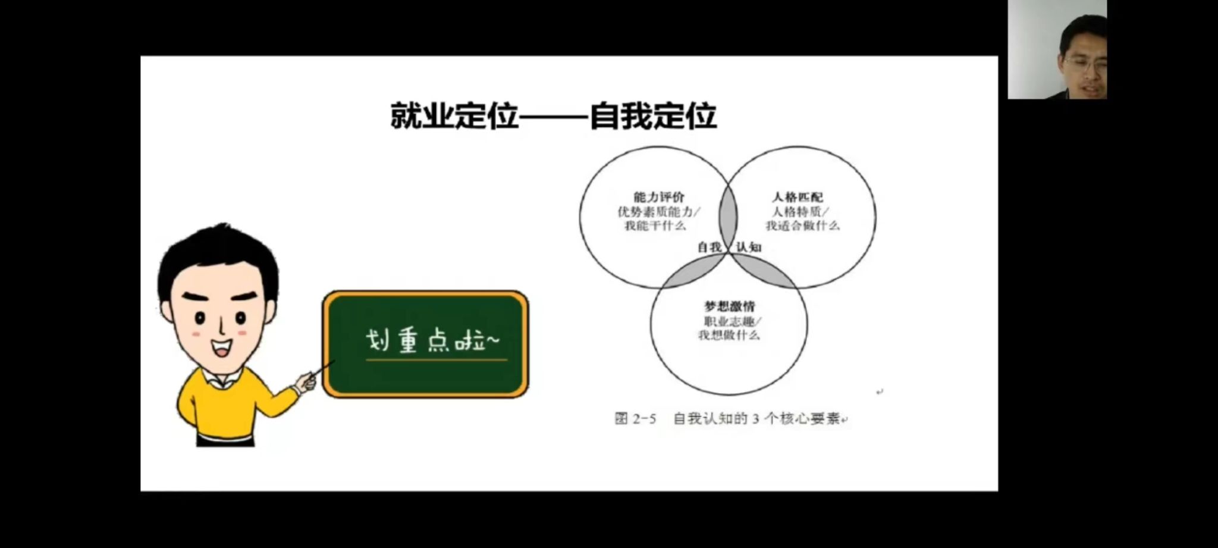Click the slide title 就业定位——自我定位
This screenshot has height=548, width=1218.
(553, 116)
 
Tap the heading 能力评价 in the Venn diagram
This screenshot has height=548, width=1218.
(659, 197)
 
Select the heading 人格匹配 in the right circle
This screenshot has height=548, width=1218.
(798, 197)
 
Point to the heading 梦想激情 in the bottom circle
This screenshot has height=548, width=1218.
(729, 306)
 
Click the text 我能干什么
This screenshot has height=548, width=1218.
(655, 226)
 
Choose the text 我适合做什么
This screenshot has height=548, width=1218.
(802, 226)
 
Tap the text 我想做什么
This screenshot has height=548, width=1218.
(729, 335)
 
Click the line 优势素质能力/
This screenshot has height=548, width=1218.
(658, 211)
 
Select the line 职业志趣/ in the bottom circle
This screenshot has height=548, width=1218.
(732, 321)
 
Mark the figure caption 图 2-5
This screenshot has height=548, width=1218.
(635, 419)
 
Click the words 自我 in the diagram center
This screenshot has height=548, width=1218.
(709, 247)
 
